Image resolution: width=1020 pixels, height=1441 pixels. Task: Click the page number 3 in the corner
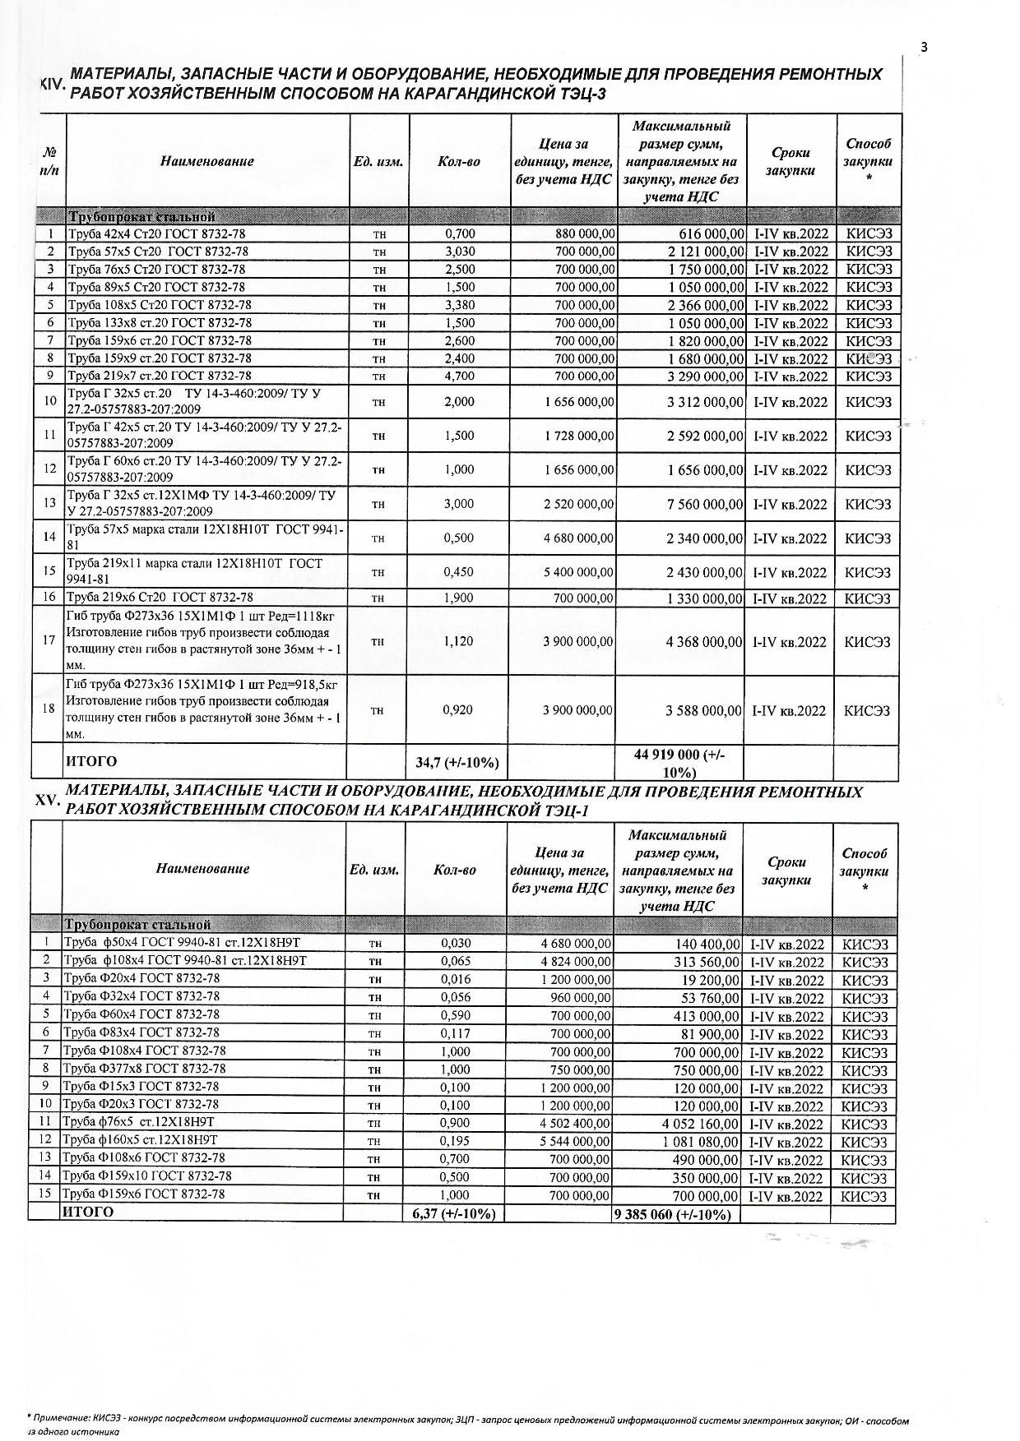tap(924, 47)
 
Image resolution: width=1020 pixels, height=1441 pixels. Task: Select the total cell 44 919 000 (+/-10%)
tap(679, 763)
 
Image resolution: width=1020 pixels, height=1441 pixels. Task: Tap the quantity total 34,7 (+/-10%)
tap(457, 763)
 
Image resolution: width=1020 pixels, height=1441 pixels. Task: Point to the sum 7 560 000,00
tap(705, 504)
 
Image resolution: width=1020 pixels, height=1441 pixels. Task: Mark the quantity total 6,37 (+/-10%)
tap(454, 1214)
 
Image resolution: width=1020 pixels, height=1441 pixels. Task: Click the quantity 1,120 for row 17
tap(458, 641)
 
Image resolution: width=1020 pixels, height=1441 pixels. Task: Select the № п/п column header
tap(49, 161)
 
